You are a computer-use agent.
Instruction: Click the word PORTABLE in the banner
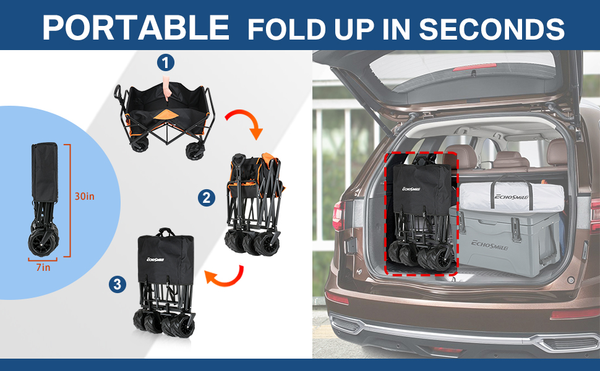click(x=136, y=28)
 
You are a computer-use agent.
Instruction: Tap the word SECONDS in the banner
click(x=492, y=28)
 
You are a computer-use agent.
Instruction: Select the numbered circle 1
click(x=166, y=62)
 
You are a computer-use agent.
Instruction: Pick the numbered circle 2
click(x=207, y=198)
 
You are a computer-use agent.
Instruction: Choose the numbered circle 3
click(x=118, y=284)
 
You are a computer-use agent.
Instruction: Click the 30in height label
click(x=84, y=196)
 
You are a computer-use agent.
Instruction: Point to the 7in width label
click(x=43, y=267)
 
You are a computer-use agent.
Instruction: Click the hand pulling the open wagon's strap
click(x=166, y=87)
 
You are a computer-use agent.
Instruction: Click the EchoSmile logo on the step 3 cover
click(x=155, y=259)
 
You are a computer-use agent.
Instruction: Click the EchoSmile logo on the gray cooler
click(x=489, y=245)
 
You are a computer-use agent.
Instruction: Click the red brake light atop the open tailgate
click(x=474, y=67)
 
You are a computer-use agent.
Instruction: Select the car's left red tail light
click(x=338, y=215)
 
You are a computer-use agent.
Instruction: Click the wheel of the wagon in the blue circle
click(x=43, y=242)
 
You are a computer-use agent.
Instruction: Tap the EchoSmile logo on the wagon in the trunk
click(x=411, y=189)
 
